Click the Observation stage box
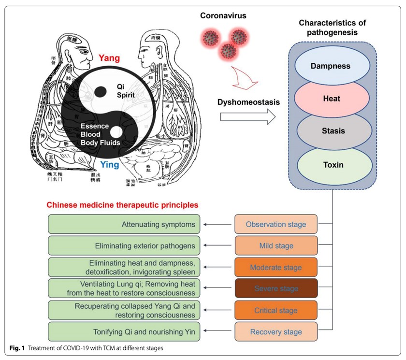276,224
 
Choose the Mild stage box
276,245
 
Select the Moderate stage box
276,267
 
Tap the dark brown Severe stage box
276,288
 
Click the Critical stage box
276,310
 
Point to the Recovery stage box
276,331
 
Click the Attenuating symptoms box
124,224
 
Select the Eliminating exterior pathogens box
124,245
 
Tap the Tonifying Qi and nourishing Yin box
124,331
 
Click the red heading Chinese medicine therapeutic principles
123,205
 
